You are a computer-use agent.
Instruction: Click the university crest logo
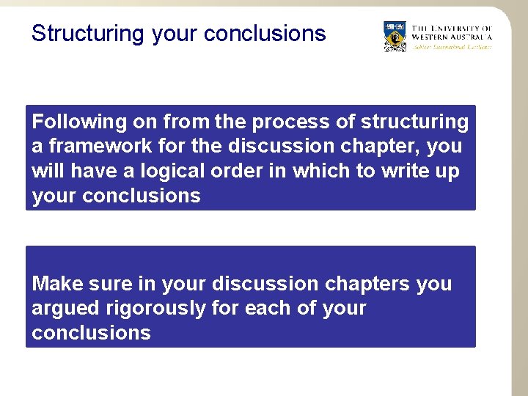pyautogui.click(x=395, y=36)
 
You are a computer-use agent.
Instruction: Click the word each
pyautogui.click(x=272, y=308)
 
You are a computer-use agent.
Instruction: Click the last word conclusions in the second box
pyautogui.click(x=91, y=333)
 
